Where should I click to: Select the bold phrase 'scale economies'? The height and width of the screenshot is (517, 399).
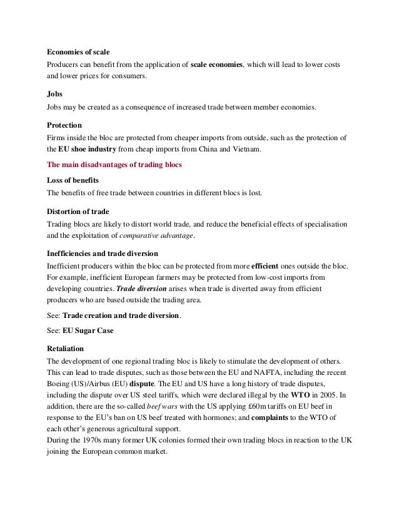[216, 65]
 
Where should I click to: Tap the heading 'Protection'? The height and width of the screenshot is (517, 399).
[64, 124]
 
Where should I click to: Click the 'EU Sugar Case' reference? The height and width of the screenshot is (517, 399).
[90, 330]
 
